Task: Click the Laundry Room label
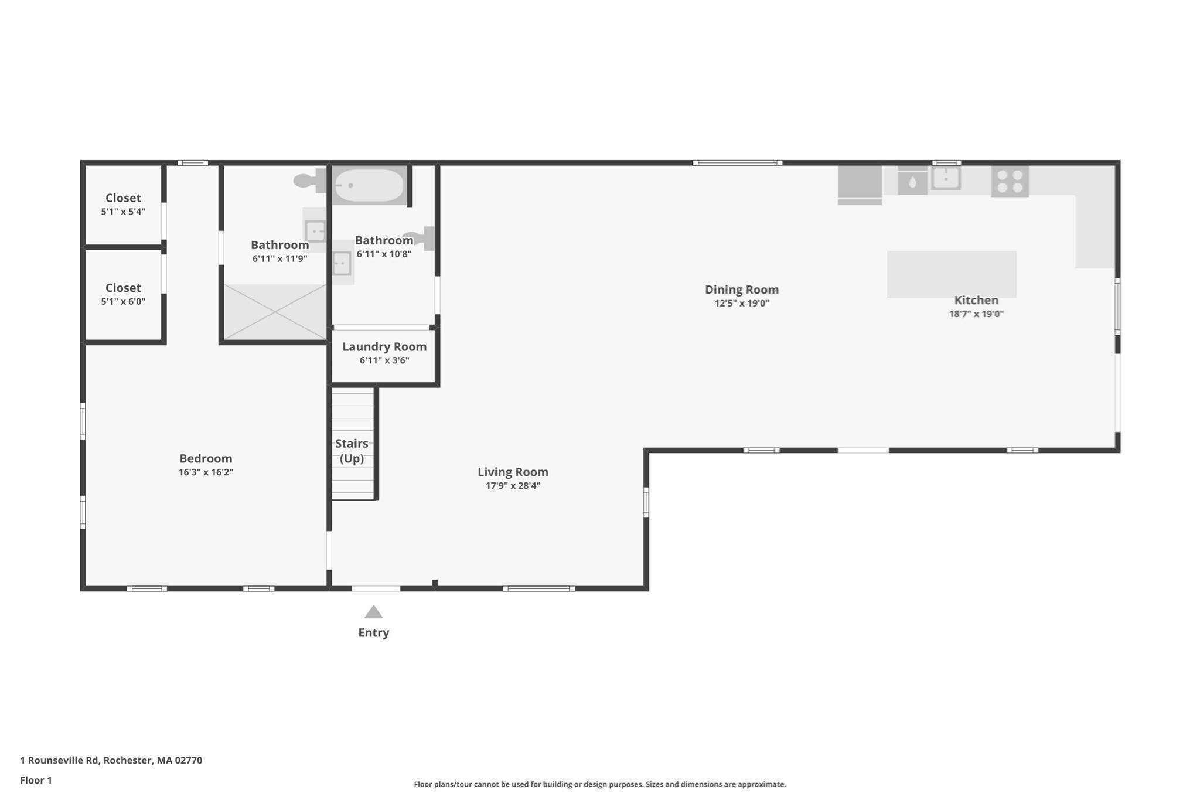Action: (x=384, y=346)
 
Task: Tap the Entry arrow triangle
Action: (x=373, y=612)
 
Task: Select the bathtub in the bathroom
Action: (x=369, y=186)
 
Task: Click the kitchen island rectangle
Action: (x=951, y=274)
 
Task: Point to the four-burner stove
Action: (x=1010, y=181)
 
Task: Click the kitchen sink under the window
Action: (x=945, y=178)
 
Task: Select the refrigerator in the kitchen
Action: (x=860, y=183)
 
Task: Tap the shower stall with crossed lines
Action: (x=275, y=312)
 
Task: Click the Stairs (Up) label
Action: (x=352, y=451)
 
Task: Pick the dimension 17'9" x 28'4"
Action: (x=513, y=486)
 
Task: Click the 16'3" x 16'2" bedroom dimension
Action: (x=206, y=472)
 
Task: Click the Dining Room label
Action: (x=741, y=290)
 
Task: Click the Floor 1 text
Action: (x=36, y=780)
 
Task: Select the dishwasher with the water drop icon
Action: (x=912, y=182)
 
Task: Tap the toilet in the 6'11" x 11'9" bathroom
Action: (x=308, y=181)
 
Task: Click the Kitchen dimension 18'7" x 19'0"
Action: (x=976, y=314)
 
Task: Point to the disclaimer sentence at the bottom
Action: (x=599, y=784)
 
